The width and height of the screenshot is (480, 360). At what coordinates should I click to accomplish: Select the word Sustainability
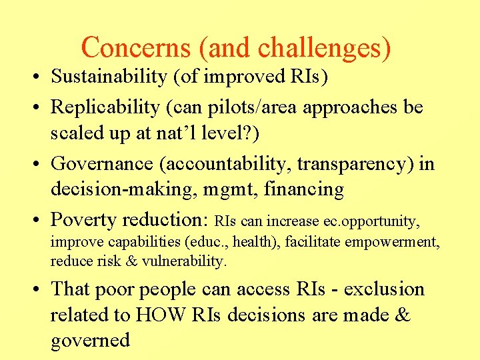point(107,77)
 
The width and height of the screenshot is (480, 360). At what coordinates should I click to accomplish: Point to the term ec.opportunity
point(379,220)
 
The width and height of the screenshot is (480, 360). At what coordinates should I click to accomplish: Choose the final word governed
point(90,341)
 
